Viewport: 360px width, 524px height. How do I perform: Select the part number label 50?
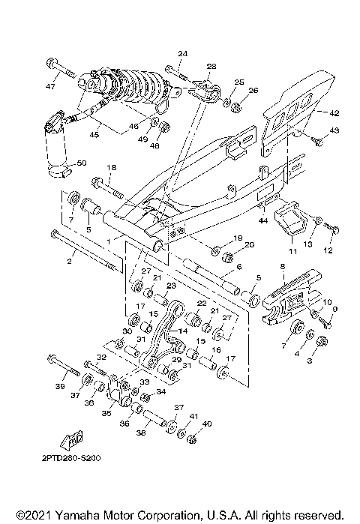click(x=82, y=163)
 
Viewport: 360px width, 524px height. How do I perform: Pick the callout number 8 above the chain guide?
click(x=282, y=266)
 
